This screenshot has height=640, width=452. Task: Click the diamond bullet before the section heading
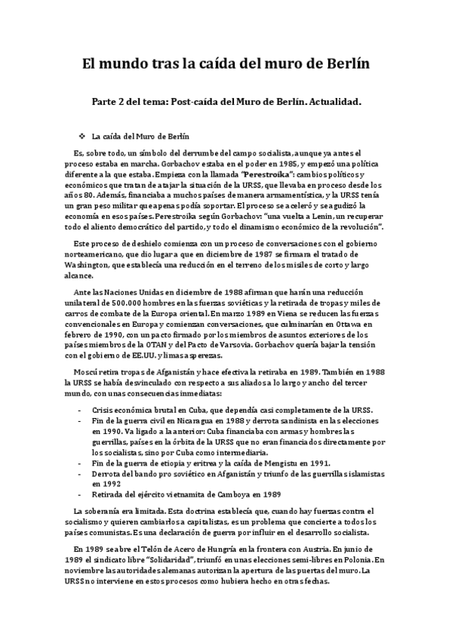click(x=81, y=137)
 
